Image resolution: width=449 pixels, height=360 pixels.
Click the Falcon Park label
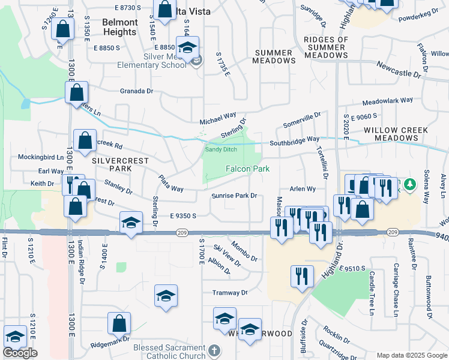[x=247, y=169]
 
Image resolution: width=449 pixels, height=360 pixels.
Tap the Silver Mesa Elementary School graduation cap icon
[x=187, y=47]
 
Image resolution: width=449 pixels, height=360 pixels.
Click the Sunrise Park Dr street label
[x=234, y=196]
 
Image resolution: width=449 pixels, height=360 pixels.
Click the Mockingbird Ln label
[x=41, y=157]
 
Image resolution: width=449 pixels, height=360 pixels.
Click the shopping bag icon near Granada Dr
[x=76, y=92]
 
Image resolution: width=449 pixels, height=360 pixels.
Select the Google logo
[x=20, y=353]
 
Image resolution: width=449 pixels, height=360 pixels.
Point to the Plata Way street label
[x=170, y=184]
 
